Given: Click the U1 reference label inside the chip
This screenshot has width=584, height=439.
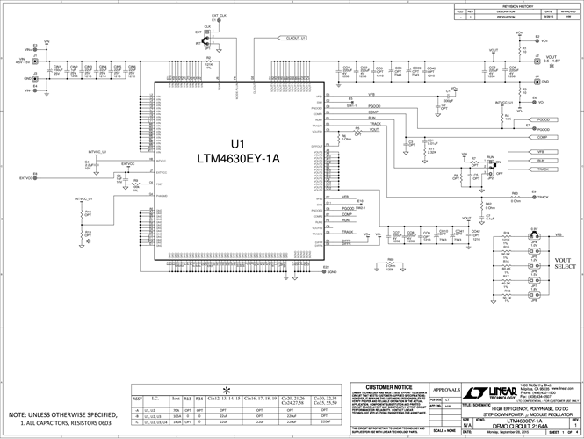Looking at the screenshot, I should pos(236,144).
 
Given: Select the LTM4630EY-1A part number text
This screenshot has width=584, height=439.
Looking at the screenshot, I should pos(236,159).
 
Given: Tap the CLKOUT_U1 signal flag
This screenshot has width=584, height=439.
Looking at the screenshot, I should pos(295,39).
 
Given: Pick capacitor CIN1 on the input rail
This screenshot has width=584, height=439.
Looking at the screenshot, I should pos(58,71).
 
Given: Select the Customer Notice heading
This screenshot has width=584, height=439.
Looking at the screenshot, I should pos(389,387).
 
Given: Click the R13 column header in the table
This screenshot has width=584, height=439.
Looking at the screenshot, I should pos(186,398).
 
